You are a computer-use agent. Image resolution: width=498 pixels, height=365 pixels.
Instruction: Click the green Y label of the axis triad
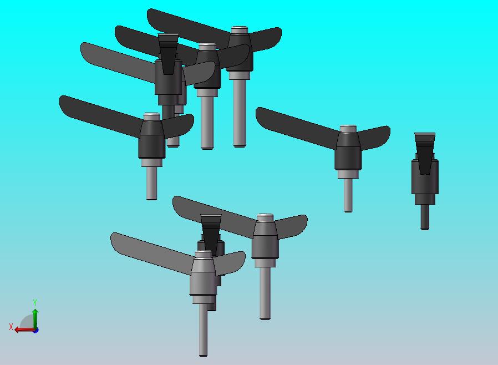[35, 302]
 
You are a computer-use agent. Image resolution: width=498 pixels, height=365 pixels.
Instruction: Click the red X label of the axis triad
[11, 327]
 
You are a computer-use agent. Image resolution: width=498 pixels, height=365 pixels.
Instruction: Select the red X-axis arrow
[25, 330]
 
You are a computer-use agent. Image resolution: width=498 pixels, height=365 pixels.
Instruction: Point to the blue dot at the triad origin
[35, 331]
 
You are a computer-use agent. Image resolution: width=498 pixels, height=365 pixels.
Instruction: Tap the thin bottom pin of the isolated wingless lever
[425, 217]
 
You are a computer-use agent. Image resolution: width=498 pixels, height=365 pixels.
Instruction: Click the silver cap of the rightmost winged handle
[348, 129]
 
